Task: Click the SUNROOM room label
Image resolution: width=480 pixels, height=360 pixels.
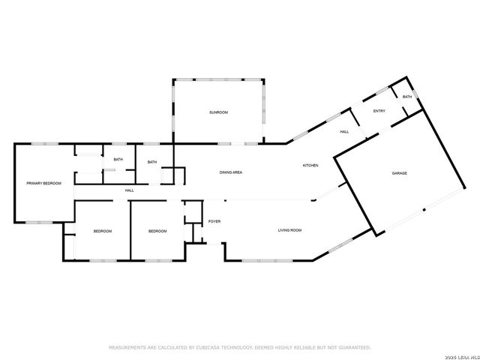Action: [x=218, y=112]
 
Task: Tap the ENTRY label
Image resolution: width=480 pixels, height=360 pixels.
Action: [x=379, y=111]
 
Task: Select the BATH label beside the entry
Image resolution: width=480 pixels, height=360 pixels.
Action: [x=407, y=97]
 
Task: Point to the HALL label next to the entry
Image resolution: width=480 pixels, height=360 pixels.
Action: [x=344, y=132]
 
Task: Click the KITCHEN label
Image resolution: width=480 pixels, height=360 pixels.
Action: [x=311, y=165]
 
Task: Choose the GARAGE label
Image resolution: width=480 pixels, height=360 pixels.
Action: [x=400, y=173]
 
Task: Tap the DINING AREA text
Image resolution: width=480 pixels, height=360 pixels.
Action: [x=230, y=172]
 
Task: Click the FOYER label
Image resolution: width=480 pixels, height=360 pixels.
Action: [x=214, y=222]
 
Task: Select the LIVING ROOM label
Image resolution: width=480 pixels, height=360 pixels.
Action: [x=289, y=231]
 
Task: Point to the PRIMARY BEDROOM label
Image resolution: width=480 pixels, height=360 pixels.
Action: [x=43, y=183]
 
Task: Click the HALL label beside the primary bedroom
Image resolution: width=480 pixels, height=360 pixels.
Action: [x=129, y=190]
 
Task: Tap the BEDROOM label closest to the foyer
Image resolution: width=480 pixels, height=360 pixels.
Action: [x=157, y=231]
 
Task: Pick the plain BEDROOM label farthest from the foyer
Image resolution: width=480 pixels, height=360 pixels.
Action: [x=102, y=231]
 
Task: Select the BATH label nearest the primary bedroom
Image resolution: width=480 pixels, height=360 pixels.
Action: [x=118, y=159]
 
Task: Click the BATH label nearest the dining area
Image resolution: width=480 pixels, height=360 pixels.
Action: [x=152, y=162]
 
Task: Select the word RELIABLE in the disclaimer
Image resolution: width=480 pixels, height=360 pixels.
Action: [x=298, y=348]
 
